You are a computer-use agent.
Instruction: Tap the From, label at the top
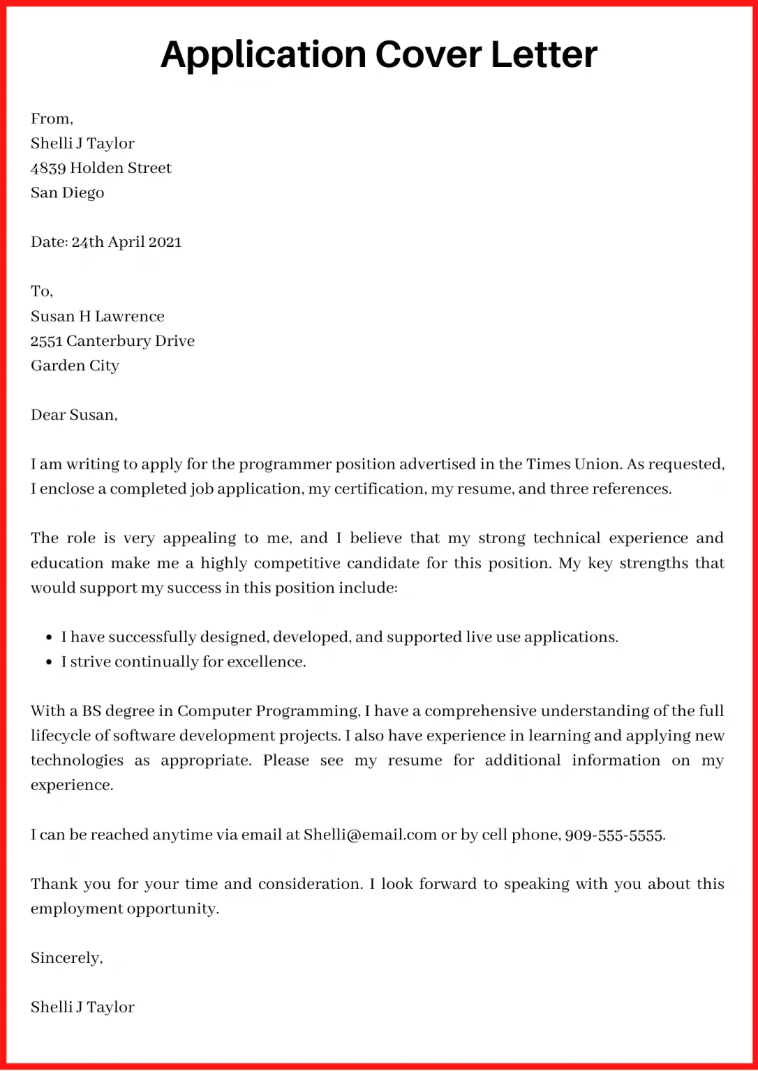[52, 119]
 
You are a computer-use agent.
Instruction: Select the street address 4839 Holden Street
[101, 168]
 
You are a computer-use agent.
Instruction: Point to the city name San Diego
[67, 192]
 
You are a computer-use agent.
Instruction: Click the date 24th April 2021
[126, 242]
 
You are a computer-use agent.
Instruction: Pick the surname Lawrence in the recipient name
[130, 317]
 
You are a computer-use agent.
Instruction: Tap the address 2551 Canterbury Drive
[112, 341]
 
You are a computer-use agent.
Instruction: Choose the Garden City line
[75, 365]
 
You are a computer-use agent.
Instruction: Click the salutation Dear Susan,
[74, 415]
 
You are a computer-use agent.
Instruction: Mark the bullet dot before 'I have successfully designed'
[49, 637]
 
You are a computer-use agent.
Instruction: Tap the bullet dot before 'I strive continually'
[49, 662]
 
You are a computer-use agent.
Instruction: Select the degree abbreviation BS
[91, 711]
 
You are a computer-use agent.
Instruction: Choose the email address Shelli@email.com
[370, 835]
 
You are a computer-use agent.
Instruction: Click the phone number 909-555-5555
[614, 835]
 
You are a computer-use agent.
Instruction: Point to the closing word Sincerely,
[66, 958]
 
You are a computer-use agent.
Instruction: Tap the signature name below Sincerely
[82, 1007]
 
